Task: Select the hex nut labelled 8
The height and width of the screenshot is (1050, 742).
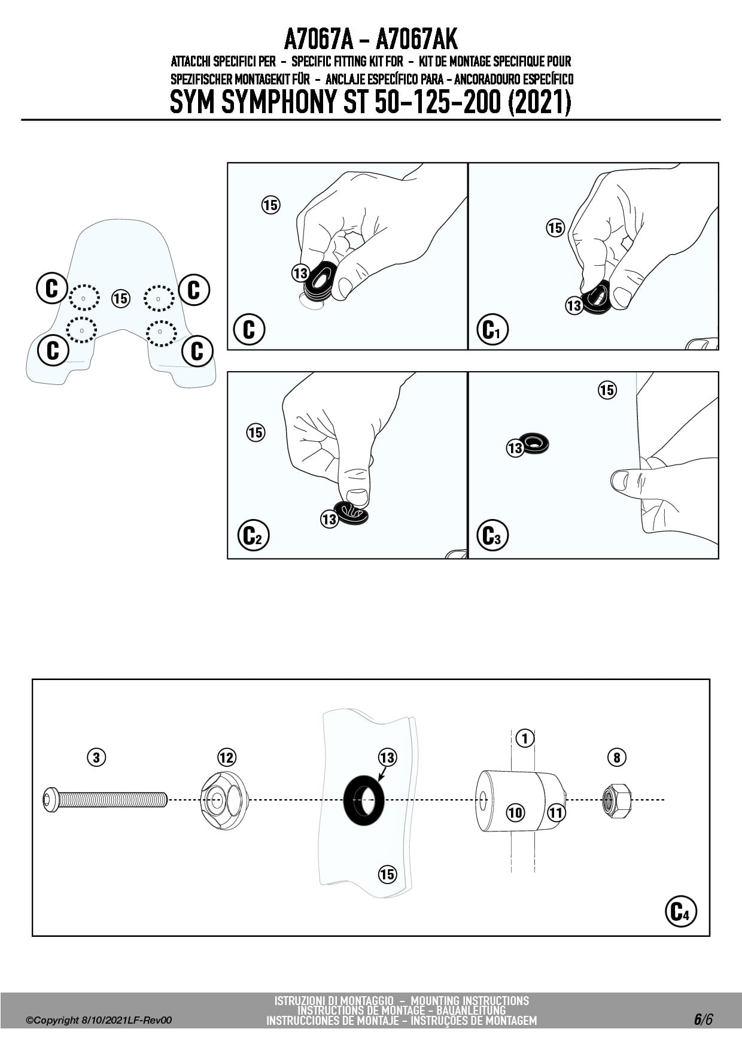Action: pyautogui.click(x=616, y=800)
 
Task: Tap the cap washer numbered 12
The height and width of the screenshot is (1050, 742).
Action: pyautogui.click(x=224, y=800)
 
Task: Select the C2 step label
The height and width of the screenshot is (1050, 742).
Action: pyautogui.click(x=254, y=535)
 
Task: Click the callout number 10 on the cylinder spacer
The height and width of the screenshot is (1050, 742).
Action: pyautogui.click(x=515, y=812)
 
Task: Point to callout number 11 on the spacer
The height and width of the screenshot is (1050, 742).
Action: pyautogui.click(x=556, y=812)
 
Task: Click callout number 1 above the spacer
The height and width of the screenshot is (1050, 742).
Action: pyautogui.click(x=525, y=738)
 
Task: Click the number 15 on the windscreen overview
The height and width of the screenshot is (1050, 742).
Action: pyautogui.click(x=121, y=298)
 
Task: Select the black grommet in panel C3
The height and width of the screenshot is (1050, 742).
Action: pyautogui.click(x=534, y=444)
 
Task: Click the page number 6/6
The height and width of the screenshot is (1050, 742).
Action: pyautogui.click(x=703, y=1019)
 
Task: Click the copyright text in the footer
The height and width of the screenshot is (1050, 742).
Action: pyautogui.click(x=99, y=1020)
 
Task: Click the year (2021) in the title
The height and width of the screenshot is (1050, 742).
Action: pyautogui.click(x=539, y=102)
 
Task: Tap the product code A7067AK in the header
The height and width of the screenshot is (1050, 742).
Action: pyautogui.click(x=416, y=40)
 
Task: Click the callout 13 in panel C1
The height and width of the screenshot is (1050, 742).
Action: pyautogui.click(x=574, y=306)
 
